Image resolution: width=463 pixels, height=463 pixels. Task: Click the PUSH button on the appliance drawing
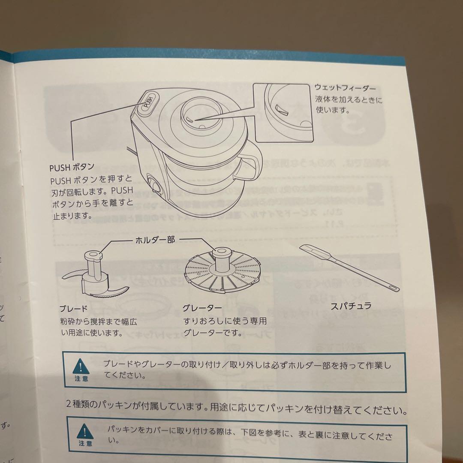147,102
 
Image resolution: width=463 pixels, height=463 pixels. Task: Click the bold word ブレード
74,309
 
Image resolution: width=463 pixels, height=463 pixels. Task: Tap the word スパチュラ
351,306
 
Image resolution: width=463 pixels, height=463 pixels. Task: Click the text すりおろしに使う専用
225,321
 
